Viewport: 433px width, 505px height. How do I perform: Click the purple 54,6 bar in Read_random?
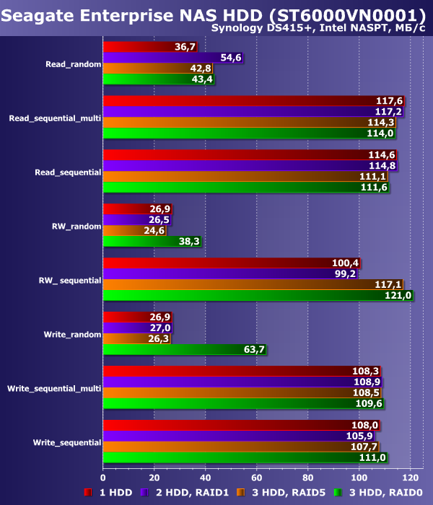click(x=173, y=57)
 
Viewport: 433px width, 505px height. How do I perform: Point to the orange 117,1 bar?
click(x=253, y=285)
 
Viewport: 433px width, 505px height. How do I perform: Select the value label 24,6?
click(x=157, y=231)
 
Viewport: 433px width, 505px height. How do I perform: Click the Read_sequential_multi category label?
click(x=55, y=117)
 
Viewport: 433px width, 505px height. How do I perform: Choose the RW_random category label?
click(x=77, y=226)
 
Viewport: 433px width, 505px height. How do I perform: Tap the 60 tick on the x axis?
click(x=257, y=477)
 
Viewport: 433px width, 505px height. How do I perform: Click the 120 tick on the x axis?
click(x=410, y=477)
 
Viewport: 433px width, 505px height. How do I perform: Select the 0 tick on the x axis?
click(x=103, y=477)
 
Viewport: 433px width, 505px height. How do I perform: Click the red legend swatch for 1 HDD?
click(x=88, y=493)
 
